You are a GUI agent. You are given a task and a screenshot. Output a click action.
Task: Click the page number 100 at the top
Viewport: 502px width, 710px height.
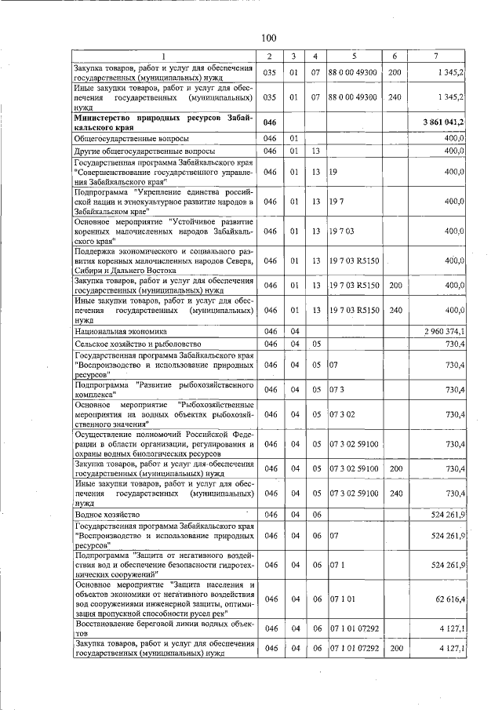(x=268, y=38)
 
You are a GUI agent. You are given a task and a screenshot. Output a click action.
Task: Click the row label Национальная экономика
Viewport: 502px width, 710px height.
(x=114, y=332)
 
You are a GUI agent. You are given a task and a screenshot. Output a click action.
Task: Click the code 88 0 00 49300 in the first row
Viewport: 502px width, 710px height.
(x=353, y=72)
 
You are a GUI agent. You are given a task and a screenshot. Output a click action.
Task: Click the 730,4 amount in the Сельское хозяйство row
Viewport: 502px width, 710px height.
(x=454, y=344)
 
